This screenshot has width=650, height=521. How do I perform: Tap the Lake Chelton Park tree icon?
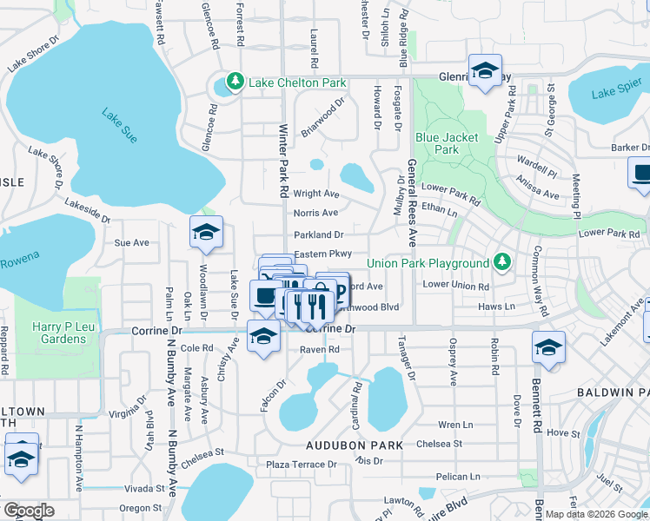[x=234, y=82]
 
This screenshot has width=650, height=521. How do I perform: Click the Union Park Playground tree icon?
[x=501, y=262]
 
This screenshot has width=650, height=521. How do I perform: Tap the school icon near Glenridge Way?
[x=485, y=69]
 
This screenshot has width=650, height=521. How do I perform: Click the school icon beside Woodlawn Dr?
[x=207, y=232]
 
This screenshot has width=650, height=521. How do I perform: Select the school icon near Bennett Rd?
[x=548, y=347]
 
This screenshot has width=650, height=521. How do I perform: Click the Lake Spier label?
[x=616, y=94]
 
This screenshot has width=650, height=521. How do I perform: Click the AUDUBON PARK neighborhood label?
[x=353, y=445]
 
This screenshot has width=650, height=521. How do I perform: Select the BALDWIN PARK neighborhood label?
[x=612, y=393]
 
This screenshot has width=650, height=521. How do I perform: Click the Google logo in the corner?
[x=28, y=511]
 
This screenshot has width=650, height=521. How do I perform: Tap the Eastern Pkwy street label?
[x=322, y=254]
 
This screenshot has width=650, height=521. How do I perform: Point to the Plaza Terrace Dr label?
[x=301, y=465]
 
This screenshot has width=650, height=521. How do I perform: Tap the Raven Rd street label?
[x=319, y=349]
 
